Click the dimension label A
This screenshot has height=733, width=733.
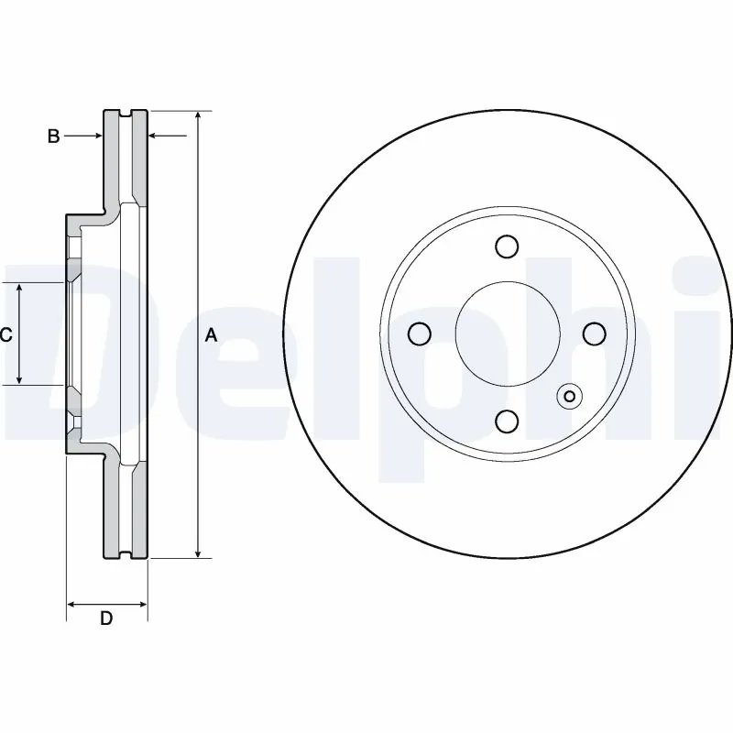(211, 336)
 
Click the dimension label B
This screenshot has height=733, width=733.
(54, 137)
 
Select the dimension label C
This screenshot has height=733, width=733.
(5, 335)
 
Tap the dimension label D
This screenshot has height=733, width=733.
(106, 618)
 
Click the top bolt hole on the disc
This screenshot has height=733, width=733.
(505, 246)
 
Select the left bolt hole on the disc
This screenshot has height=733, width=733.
(418, 334)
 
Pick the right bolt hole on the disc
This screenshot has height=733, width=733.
(593, 334)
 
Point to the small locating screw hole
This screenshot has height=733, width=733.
(569, 396)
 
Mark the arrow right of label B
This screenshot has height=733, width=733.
(95, 137)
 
